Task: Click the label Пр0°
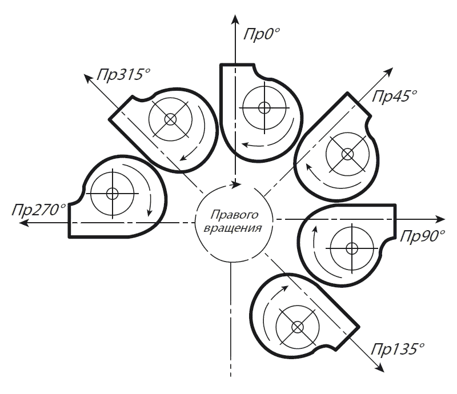click(260, 33)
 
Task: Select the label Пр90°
click(422, 235)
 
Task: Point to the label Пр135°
click(399, 347)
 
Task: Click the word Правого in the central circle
click(235, 215)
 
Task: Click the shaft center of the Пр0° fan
click(264, 107)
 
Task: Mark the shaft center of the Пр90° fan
click(351, 248)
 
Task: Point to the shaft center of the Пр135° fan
click(297, 327)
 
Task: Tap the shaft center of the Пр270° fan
click(112, 192)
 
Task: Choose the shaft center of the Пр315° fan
click(170, 119)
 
